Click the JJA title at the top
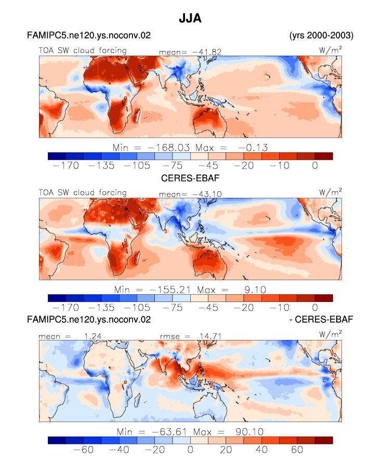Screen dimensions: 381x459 tap(190, 18)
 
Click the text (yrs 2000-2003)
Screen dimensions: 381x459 tap(321, 35)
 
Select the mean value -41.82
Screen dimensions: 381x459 tap(207, 52)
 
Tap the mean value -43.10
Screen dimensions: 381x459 tap(207, 194)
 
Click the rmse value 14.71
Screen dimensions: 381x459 tap(211, 336)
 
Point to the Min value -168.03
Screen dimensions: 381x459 tap(169, 148)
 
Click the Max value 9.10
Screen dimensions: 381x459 tap(255, 290)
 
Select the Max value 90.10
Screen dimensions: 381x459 tap(249, 432)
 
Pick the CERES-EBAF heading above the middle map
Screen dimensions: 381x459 tap(190, 178)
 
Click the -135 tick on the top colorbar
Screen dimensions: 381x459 tap(101, 166)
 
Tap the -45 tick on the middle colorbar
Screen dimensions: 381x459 tap(208, 308)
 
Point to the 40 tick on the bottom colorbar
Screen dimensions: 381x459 tap(261, 450)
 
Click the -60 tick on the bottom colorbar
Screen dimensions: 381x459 tap(83, 450)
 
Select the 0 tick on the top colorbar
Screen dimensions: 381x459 tap(315, 166)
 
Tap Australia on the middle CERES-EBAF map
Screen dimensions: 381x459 tap(208, 260)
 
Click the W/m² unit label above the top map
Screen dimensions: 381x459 tap(331, 50)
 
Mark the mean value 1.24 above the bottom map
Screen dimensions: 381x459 tap(93, 336)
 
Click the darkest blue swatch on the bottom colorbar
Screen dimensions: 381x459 tap(57, 440)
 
